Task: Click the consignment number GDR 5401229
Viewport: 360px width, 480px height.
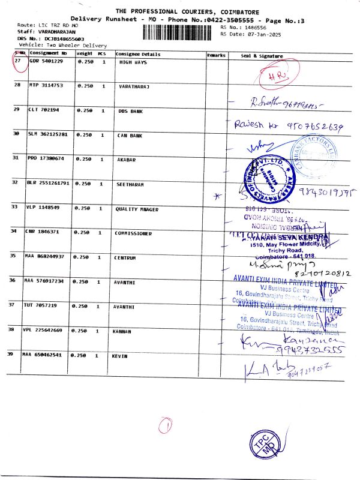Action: point(46,61)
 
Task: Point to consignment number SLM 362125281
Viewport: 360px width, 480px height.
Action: point(48,134)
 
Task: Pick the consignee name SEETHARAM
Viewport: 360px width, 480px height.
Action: point(130,184)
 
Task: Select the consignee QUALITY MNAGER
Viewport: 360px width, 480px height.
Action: point(135,209)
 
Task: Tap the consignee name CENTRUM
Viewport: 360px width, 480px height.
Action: point(127,257)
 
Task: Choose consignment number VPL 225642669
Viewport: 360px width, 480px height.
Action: point(48,331)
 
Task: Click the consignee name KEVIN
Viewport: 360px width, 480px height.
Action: point(121,356)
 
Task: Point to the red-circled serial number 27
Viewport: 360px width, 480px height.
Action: point(19,62)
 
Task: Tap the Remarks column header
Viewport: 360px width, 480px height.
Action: point(215,55)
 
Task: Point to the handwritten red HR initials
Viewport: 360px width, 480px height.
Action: point(278,76)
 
